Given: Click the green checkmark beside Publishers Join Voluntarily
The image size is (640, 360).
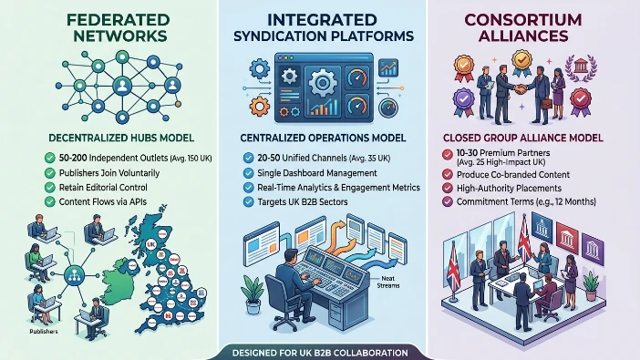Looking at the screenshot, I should [x=48, y=171].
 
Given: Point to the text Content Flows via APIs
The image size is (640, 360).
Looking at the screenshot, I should [x=108, y=202].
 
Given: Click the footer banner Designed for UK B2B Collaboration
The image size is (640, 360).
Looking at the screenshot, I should [x=319, y=352].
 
